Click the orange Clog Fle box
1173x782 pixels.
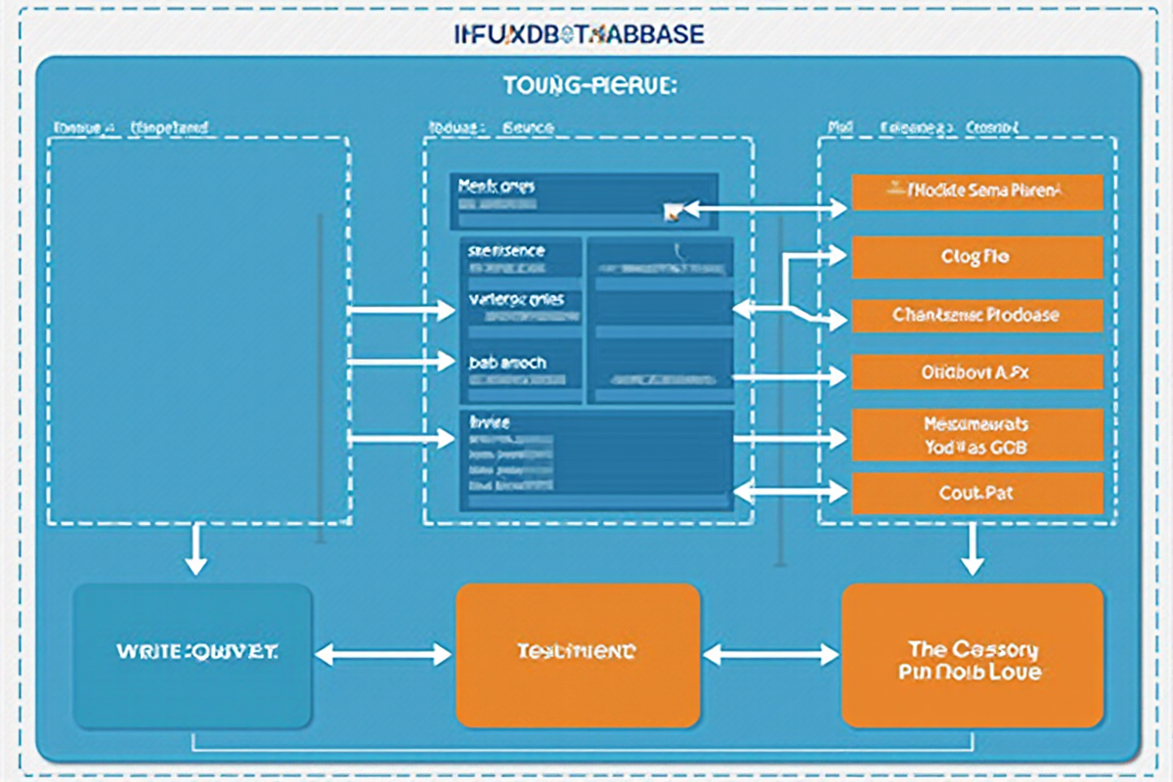[x=977, y=257]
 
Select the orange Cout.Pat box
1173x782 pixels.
[x=977, y=494]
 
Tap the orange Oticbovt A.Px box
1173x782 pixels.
[x=977, y=372]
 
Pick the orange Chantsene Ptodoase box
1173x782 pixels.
[x=977, y=316]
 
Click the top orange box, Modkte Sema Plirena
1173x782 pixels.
[x=977, y=193]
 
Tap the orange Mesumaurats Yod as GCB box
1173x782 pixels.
[x=977, y=435]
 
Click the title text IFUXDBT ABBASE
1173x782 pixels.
[x=580, y=34]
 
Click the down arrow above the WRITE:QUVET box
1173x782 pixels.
[x=196, y=550]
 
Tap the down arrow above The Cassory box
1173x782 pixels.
[x=972, y=550]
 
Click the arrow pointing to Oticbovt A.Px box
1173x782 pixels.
[x=790, y=373]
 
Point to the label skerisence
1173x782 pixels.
[x=506, y=251]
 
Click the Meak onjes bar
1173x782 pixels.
[x=584, y=200]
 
